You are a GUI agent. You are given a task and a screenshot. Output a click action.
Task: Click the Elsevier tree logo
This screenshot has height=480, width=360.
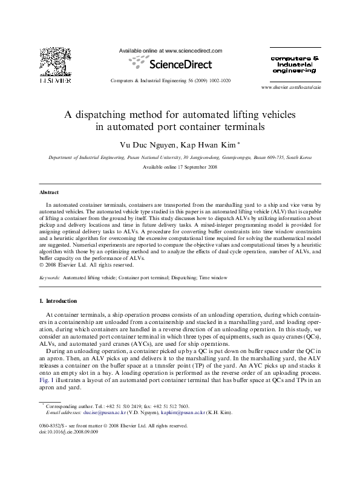point(52,62)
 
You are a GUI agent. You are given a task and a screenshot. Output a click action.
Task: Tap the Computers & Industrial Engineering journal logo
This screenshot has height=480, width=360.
point(292,64)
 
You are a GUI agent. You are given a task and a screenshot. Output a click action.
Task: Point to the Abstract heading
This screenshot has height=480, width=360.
point(49,192)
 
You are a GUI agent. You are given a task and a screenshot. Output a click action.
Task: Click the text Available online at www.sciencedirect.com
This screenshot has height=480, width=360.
point(171,51)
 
